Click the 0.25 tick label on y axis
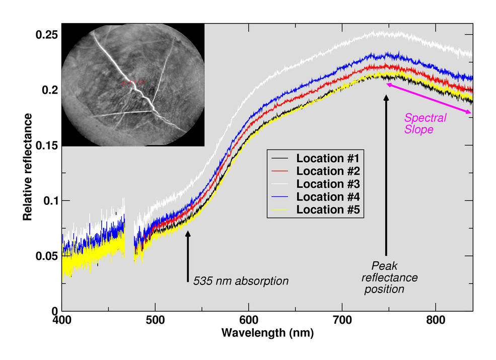(x=46, y=35)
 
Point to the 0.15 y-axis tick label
(x=46, y=146)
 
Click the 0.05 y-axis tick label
(x=46, y=256)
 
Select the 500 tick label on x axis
(x=155, y=320)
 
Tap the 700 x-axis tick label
(x=342, y=320)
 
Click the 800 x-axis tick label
(x=436, y=320)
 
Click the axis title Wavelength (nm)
(x=267, y=333)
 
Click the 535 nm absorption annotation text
(x=241, y=281)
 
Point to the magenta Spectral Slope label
(x=426, y=123)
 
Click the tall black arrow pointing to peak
(x=386, y=176)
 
